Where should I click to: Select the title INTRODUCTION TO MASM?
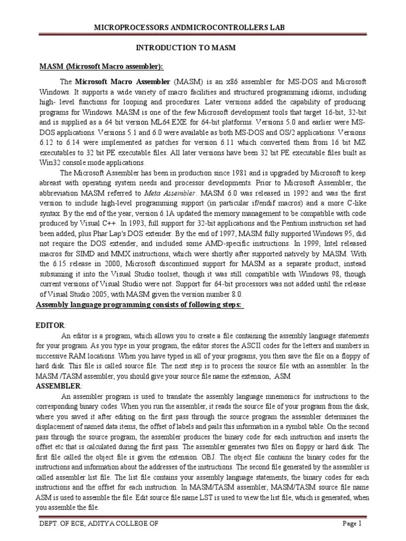(186, 48)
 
